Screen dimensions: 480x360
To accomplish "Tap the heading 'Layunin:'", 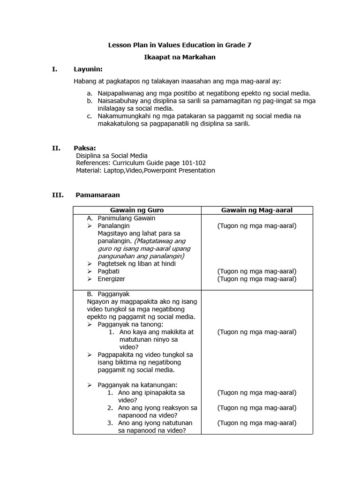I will click(x=88, y=69).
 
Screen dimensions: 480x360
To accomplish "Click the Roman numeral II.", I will click(x=56, y=148).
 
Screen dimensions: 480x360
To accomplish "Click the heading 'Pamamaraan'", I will click(x=97, y=195).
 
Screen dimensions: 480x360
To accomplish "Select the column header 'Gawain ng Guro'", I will click(x=137, y=210).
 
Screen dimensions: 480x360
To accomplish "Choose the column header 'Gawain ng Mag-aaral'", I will click(x=256, y=210).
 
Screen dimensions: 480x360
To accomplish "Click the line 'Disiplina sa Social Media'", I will click(x=112, y=156).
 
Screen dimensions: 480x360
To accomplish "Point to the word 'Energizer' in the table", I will click(x=112, y=279).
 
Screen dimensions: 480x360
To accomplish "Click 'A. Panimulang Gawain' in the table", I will click(x=121, y=218).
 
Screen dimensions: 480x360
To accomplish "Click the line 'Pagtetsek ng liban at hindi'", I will click(x=132, y=263).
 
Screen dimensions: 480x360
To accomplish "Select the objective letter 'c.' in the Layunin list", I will click(x=90, y=116).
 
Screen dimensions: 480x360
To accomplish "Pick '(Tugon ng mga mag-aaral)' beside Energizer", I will click(x=256, y=279).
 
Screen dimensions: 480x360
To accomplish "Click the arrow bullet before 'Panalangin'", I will click(x=90, y=226).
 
